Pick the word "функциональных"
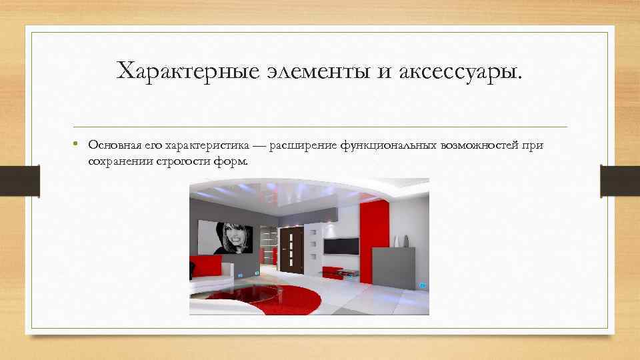tap(387, 145)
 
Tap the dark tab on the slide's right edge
tap(619, 181)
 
